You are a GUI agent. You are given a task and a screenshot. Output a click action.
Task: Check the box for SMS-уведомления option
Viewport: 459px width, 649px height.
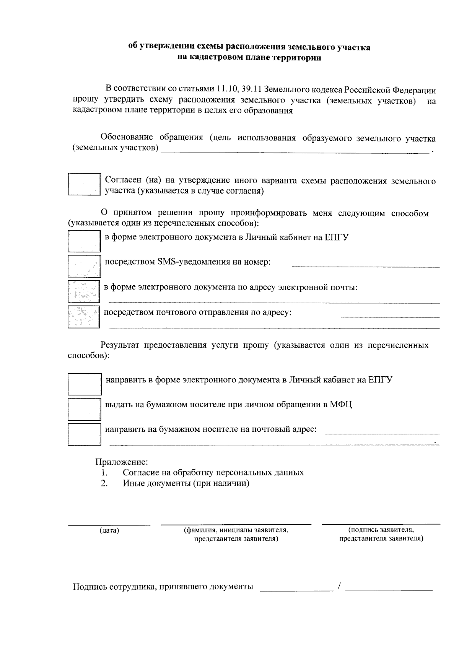[84, 266]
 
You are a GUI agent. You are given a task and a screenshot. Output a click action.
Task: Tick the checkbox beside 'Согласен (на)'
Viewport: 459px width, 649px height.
[84, 184]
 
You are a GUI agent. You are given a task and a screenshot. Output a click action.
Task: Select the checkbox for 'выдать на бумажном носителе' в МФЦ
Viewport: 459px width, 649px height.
[84, 409]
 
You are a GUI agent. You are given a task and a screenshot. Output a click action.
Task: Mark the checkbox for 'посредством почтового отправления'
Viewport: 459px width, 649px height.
[84, 316]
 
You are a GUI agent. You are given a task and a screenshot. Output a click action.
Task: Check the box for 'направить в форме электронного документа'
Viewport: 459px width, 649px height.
[85, 384]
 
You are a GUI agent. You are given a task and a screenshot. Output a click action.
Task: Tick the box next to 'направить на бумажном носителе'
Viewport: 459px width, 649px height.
[84, 434]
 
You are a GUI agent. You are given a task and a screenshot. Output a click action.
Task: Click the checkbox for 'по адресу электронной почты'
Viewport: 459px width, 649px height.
[84, 291]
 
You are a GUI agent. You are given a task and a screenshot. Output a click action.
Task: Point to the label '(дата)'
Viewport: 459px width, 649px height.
[109, 530]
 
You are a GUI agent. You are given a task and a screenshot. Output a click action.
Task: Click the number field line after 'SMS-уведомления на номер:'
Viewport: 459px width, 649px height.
[366, 266]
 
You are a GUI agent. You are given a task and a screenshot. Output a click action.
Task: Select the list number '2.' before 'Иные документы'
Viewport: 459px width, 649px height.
[104, 483]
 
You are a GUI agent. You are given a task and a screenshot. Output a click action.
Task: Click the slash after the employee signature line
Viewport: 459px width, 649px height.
[339, 586]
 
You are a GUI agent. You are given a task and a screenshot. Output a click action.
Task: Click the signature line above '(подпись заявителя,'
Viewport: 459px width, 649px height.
[381, 523]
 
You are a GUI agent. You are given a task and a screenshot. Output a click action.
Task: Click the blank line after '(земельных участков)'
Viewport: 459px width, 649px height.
[295, 152]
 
